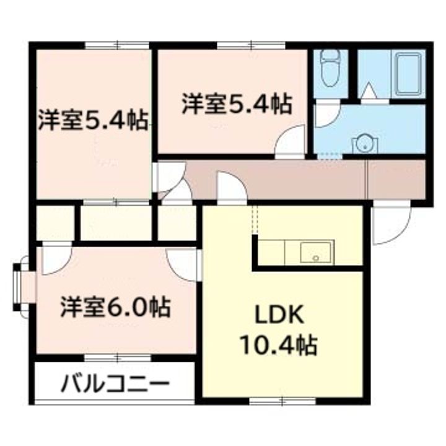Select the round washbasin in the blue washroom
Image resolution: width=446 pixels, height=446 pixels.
tap(364, 144)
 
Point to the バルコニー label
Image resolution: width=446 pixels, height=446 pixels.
tap(115, 385)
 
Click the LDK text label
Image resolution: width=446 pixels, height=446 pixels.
tap(279, 316)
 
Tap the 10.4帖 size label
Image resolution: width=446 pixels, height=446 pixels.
tap(279, 344)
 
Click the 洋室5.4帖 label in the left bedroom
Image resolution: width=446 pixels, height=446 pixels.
tap(93, 120)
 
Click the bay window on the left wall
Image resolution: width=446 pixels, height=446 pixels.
tap(24, 286)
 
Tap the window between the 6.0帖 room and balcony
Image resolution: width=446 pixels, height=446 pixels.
tap(117, 357)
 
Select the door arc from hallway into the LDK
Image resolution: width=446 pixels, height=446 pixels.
tap(231, 187)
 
